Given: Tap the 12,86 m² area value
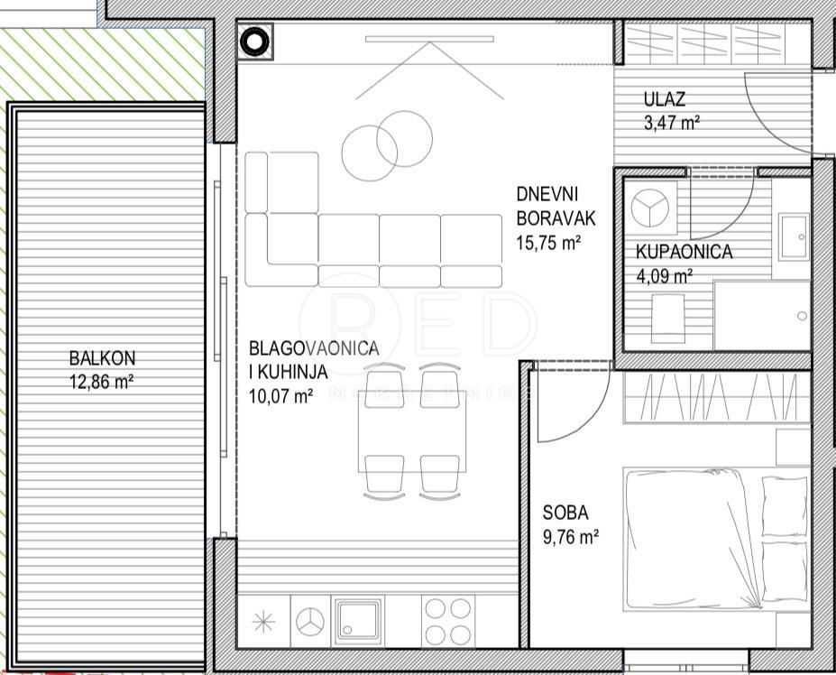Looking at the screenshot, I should [x=102, y=381].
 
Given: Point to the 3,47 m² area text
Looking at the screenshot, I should [x=673, y=123].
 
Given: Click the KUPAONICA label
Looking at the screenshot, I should [x=684, y=253].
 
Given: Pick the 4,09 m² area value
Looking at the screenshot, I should [x=665, y=276].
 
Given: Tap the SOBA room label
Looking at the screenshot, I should [x=565, y=513].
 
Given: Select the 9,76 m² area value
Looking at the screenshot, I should [x=571, y=537].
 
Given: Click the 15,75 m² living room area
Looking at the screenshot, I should [x=548, y=242].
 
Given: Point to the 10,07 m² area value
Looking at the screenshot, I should [x=280, y=394].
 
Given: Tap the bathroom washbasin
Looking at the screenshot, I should [x=794, y=236].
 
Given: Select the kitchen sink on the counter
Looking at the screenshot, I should [x=359, y=622].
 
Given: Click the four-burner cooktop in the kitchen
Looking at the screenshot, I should [x=447, y=622].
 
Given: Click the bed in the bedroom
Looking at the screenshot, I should [x=703, y=538].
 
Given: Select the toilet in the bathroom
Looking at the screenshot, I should [x=668, y=317].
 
